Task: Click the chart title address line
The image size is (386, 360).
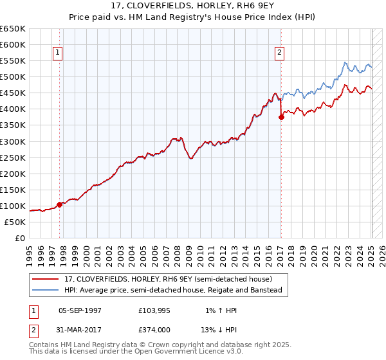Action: pyautogui.click(x=193, y=6)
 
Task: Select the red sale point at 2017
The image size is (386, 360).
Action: pyautogui.click(x=281, y=117)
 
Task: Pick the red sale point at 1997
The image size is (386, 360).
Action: pyautogui.click(x=60, y=204)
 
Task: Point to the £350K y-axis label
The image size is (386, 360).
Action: pyautogui.click(x=13, y=125)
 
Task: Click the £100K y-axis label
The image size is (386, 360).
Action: pyautogui.click(x=13, y=206)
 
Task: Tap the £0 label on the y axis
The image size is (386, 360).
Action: pyautogui.click(x=19, y=238)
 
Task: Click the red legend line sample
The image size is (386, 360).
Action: pyautogui.click(x=46, y=279)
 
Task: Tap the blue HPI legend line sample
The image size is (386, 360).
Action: pyautogui.click(x=46, y=290)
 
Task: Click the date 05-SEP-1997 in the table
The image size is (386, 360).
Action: pyautogui.click(x=80, y=310)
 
